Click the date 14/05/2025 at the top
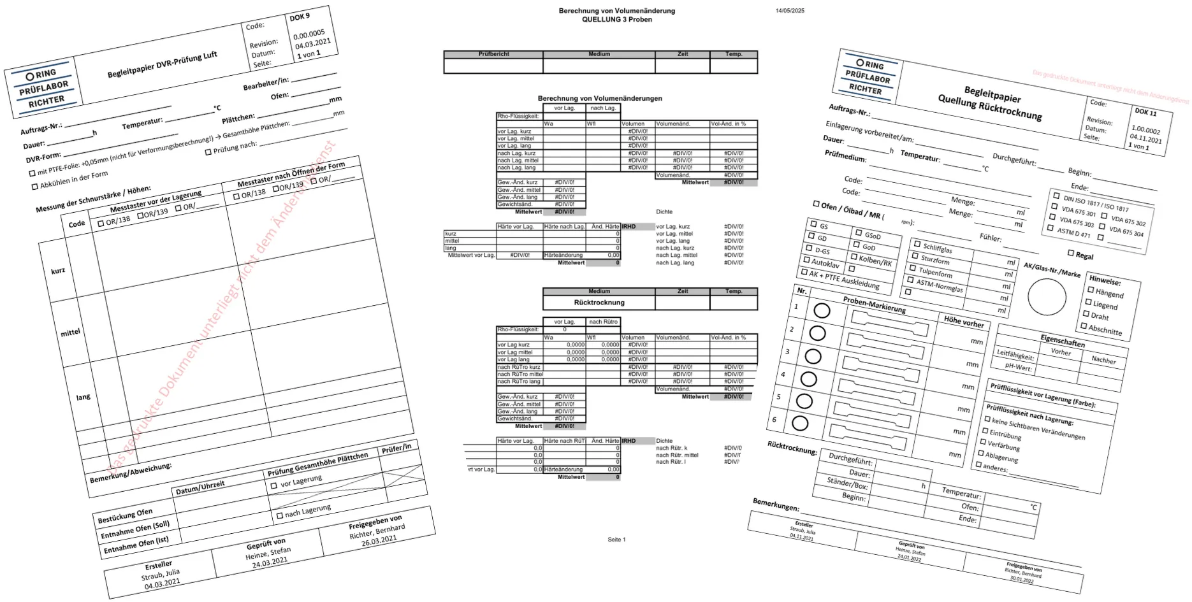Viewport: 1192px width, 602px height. [x=790, y=11]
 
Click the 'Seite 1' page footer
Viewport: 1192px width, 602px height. [x=616, y=540]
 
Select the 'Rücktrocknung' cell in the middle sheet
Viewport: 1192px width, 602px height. [x=599, y=303]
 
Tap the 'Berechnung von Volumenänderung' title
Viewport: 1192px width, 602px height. [x=616, y=11]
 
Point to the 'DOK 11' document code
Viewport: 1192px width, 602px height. [x=1145, y=112]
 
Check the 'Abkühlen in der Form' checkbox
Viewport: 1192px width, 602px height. [x=35, y=187]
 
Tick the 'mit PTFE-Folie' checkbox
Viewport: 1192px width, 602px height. [x=33, y=173]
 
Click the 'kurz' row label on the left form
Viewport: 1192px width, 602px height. [x=58, y=271]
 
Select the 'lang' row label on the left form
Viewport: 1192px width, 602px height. [x=84, y=397]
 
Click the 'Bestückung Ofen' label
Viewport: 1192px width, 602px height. [x=125, y=515]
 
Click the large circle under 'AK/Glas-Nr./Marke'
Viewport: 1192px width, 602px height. [x=1047, y=297]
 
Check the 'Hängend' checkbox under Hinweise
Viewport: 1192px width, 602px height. [x=1091, y=290]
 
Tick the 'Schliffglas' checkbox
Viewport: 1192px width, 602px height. [x=917, y=244]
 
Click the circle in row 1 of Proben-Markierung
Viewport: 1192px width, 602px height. [x=822, y=311]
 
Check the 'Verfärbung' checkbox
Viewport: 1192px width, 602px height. [x=983, y=441]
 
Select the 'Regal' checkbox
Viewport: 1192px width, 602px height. [x=1070, y=253]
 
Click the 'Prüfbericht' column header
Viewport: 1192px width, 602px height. [x=493, y=54]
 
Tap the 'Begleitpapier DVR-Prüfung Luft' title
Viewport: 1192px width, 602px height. [x=162, y=65]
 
